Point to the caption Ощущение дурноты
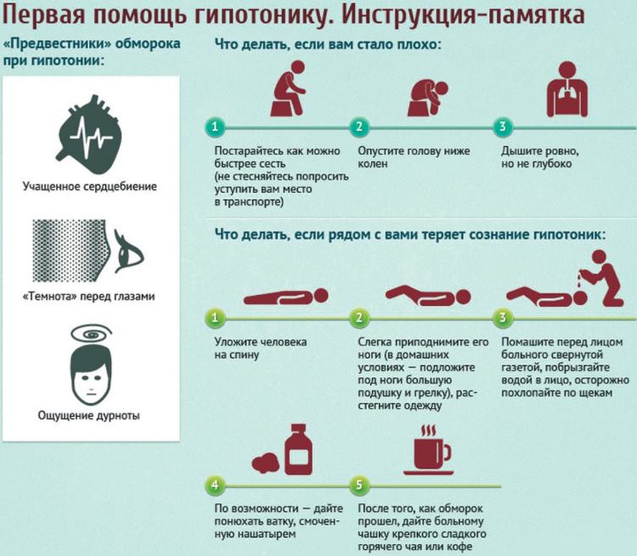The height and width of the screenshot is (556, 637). (89, 416)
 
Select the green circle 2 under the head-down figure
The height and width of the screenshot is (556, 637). (359, 127)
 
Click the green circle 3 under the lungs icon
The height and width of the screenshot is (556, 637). (503, 127)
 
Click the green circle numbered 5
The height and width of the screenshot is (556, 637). (359, 486)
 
